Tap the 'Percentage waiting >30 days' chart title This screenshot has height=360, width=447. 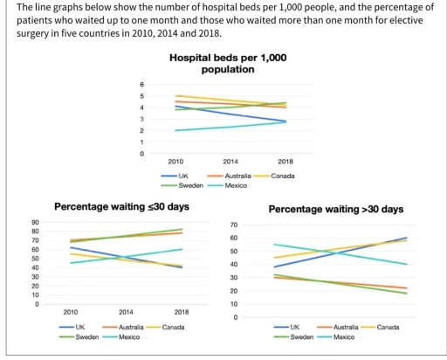coord(335,210)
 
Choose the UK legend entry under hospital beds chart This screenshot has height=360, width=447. coord(189,176)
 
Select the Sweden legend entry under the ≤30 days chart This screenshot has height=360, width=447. coord(87,336)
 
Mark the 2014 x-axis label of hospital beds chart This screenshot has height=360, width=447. coord(230,163)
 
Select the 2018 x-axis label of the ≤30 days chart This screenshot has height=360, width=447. coord(182,312)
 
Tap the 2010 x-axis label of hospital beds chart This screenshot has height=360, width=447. coord(175,163)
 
